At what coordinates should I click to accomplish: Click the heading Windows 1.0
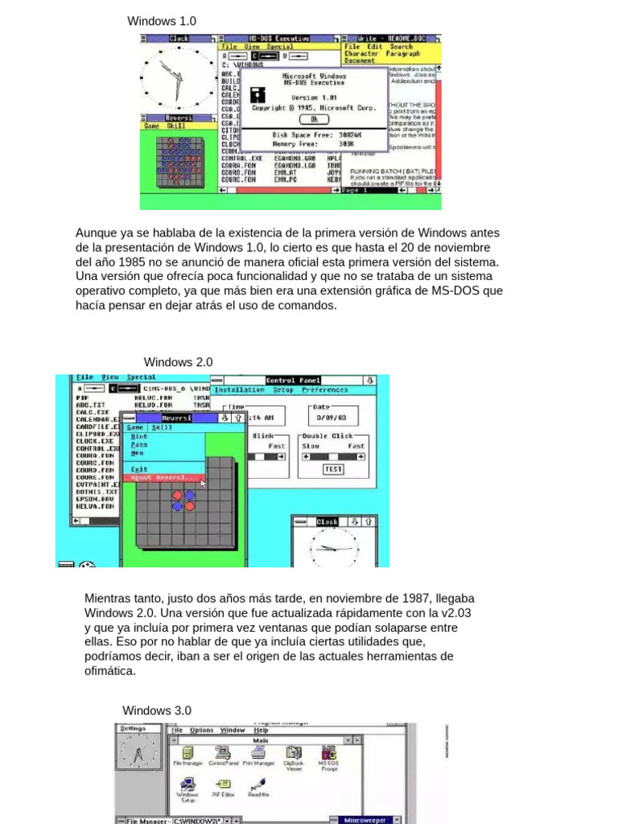pyautogui.click(x=162, y=21)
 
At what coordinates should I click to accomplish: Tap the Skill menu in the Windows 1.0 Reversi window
pyautogui.click(x=176, y=126)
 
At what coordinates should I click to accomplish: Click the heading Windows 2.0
pyautogui.click(x=178, y=362)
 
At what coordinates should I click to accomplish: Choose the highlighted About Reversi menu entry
pyautogui.click(x=164, y=477)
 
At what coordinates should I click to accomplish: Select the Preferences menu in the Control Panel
pyautogui.click(x=325, y=389)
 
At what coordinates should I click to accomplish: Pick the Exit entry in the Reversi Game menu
pyautogui.click(x=139, y=468)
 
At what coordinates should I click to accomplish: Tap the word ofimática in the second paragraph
pyautogui.click(x=110, y=671)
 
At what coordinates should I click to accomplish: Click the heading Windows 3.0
pyautogui.click(x=157, y=711)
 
